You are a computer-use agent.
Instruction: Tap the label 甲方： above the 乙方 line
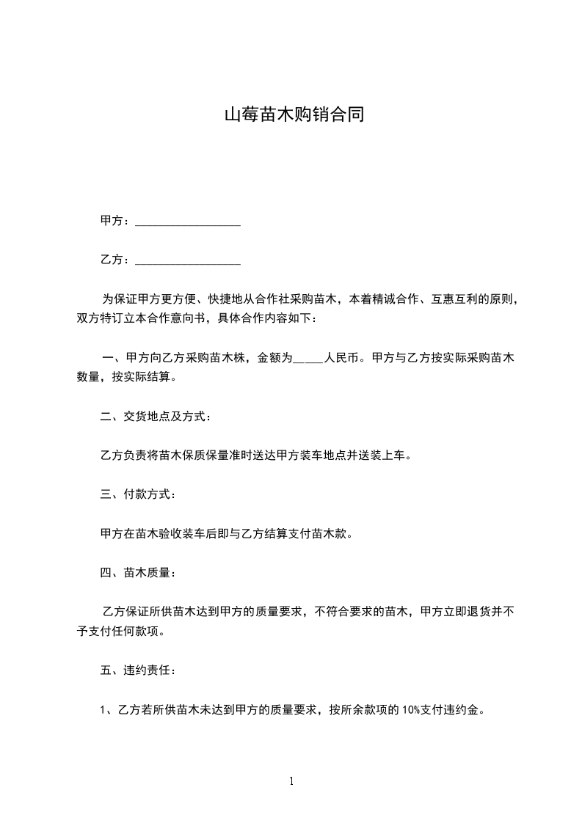click(115, 221)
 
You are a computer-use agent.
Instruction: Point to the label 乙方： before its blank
click(115, 260)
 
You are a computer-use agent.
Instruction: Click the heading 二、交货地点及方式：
click(156, 417)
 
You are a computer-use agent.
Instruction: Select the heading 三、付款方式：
click(137, 494)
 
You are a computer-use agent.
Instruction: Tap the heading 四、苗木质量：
click(137, 572)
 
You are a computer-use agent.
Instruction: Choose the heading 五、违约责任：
click(137, 670)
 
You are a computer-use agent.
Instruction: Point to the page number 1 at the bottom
click(291, 782)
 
